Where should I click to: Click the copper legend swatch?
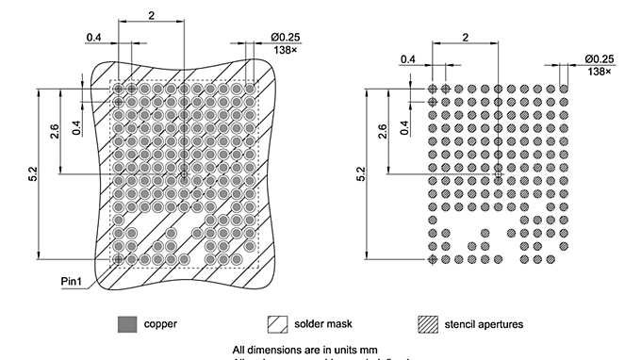point(125,324)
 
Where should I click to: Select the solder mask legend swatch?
point(277,324)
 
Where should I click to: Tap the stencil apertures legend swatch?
point(429,324)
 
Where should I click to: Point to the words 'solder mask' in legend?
point(323,324)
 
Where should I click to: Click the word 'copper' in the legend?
point(160,324)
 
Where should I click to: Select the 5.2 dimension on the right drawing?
point(362,174)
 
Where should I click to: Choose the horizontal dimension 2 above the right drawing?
point(465,37)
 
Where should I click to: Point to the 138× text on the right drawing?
point(599,71)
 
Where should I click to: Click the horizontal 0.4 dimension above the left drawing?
point(94,37)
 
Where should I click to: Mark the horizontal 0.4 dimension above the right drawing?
point(407,58)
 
